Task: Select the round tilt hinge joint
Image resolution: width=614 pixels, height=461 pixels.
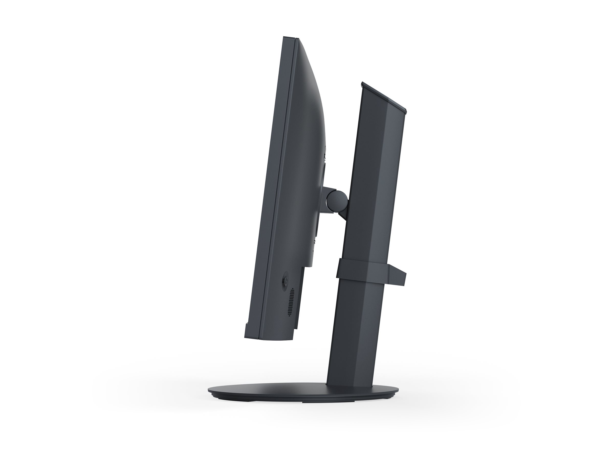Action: (336, 200)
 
